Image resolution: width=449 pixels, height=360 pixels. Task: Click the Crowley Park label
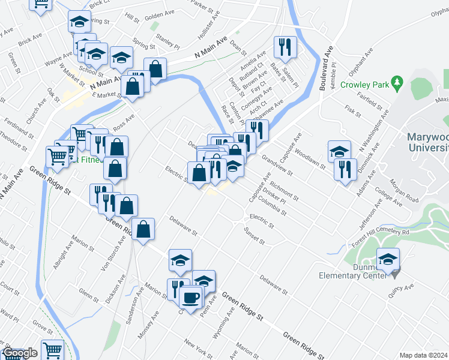tap(362, 85)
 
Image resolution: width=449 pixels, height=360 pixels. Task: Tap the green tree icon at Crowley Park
tap(396, 81)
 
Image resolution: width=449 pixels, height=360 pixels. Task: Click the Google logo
tap(20, 353)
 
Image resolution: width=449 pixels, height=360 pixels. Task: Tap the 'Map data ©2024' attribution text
tap(423, 355)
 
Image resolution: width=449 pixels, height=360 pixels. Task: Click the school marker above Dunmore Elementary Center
tap(388, 259)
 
